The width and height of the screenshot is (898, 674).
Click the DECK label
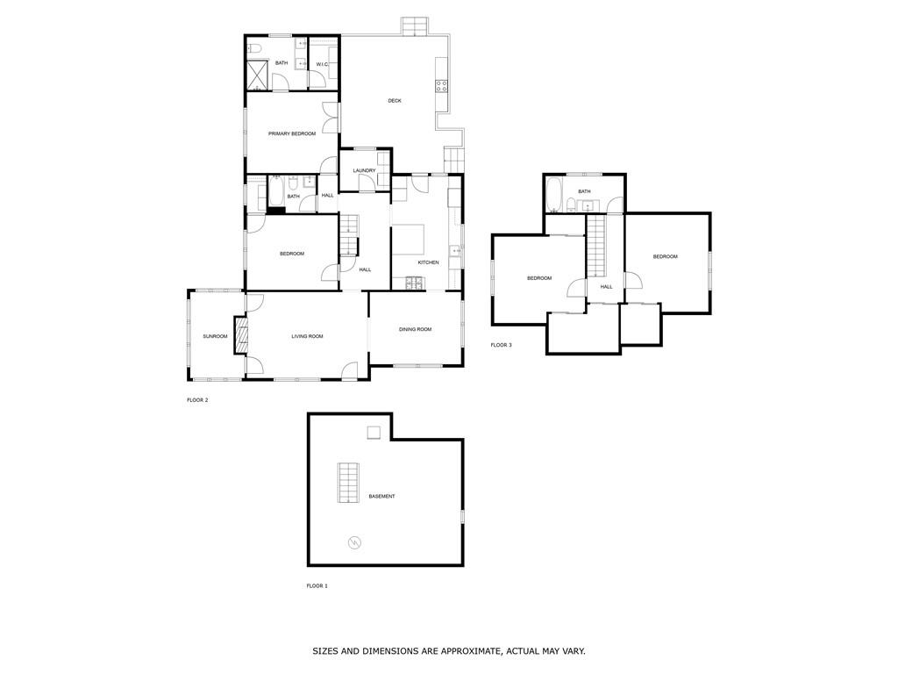pyautogui.click(x=395, y=101)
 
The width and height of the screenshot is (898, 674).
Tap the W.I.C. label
pyautogui.click(x=322, y=64)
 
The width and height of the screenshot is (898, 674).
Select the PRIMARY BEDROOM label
pyautogui.click(x=292, y=133)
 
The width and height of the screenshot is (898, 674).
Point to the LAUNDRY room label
pyautogui.click(x=365, y=170)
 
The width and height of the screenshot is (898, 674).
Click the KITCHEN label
pyautogui.click(x=428, y=262)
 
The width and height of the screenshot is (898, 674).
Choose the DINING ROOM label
pyautogui.click(x=416, y=329)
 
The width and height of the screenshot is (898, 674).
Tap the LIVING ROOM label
pyautogui.click(x=308, y=336)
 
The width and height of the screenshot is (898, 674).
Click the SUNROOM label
pyautogui.click(x=215, y=336)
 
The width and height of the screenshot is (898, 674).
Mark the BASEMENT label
pyautogui.click(x=381, y=497)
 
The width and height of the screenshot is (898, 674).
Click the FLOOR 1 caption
pyautogui.click(x=317, y=585)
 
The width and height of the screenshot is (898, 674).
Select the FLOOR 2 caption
pyautogui.click(x=197, y=400)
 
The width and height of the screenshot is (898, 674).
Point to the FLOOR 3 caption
pyautogui.click(x=501, y=345)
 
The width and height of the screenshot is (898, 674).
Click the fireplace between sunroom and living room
pyautogui.click(x=240, y=335)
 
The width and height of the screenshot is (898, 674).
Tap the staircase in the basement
pyautogui.click(x=349, y=482)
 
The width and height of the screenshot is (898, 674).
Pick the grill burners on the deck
pyautogui.click(x=442, y=86)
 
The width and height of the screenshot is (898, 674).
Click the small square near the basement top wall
pyautogui.click(x=374, y=432)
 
